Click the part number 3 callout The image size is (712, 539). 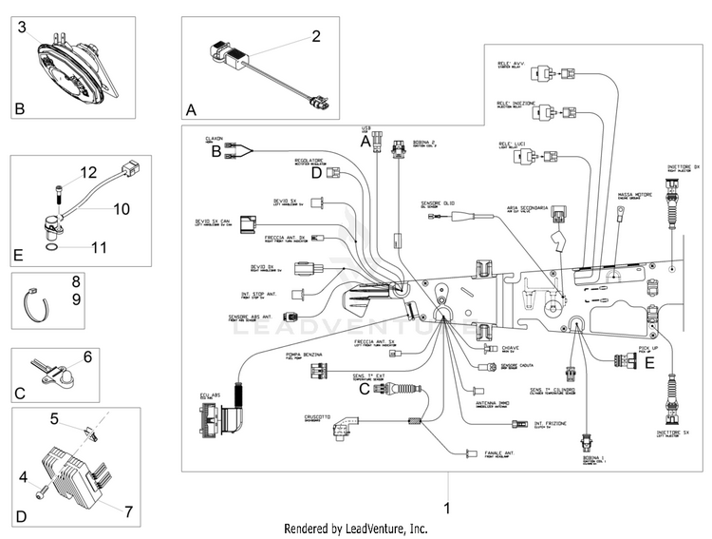pyautogui.click(x=21, y=27)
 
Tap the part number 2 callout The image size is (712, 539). pyautogui.click(x=317, y=37)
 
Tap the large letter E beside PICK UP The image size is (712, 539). pyautogui.click(x=649, y=361)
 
